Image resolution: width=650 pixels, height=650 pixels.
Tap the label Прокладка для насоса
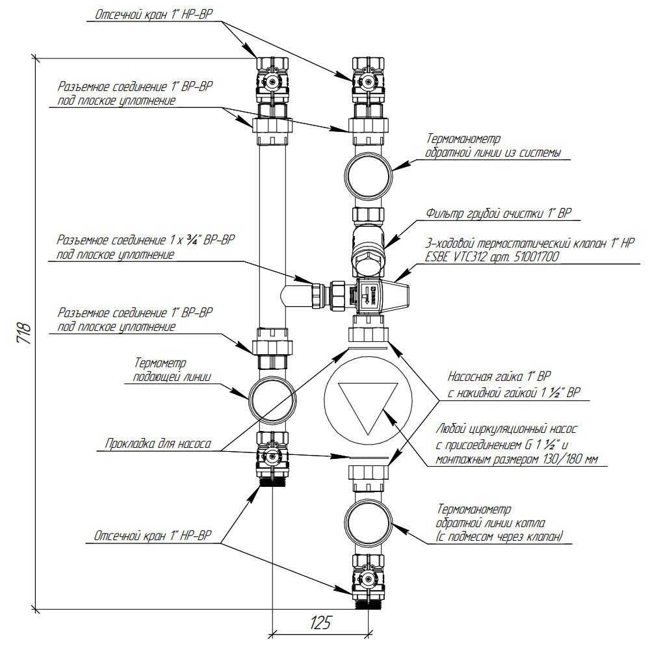[158, 444]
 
